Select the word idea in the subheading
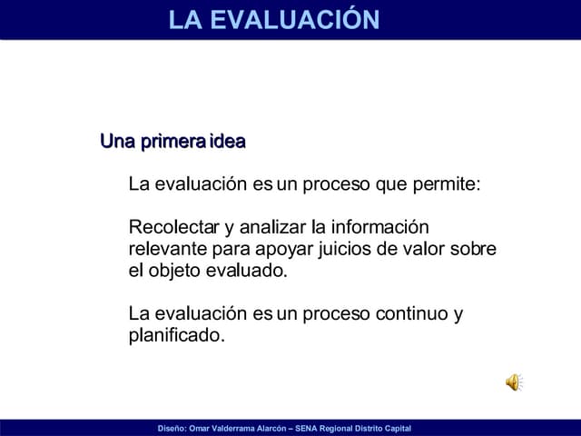[x=227, y=142]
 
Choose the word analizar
[x=272, y=227]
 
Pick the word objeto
[x=175, y=271]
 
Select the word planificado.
[x=176, y=336]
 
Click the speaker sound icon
[x=514, y=382]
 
